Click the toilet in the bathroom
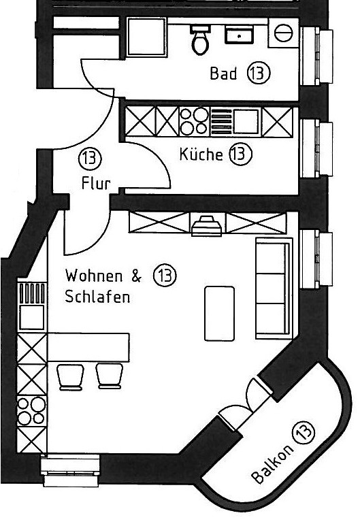click(201, 39)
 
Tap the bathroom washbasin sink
click(239, 35)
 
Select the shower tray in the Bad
click(146, 36)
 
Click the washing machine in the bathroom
click(283, 33)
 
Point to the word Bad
click(223, 73)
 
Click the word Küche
click(201, 154)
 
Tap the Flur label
click(96, 184)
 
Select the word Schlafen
click(97, 297)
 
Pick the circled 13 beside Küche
click(240, 154)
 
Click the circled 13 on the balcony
click(304, 431)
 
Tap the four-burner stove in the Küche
click(195, 121)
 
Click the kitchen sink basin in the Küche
click(246, 121)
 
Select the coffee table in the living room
click(219, 313)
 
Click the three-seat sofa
click(274, 288)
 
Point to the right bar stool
click(110, 376)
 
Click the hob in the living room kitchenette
click(31, 411)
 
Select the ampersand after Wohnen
click(136, 276)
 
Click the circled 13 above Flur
click(90, 159)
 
